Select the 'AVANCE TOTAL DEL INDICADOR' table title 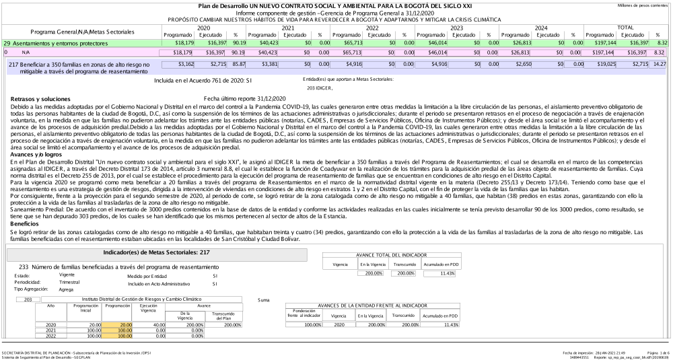(x=393, y=255)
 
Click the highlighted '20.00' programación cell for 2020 (x=116, y=324)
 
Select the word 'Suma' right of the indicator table (x=264, y=299)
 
